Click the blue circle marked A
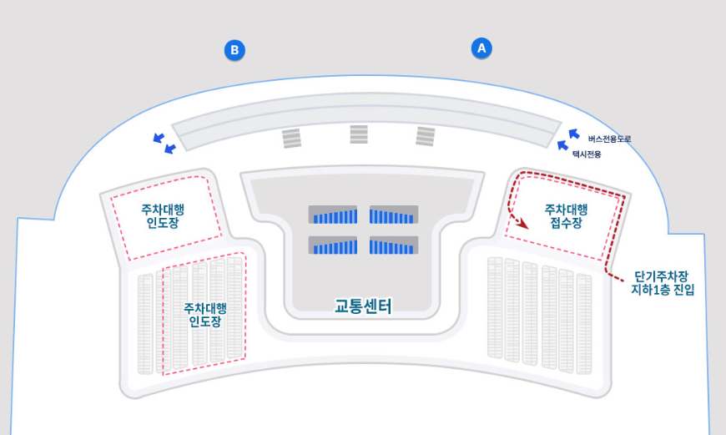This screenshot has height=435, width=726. click(480, 48)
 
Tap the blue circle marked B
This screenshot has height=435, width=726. click(235, 51)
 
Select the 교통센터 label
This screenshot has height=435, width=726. click(363, 306)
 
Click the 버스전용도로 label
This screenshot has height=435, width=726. click(609, 139)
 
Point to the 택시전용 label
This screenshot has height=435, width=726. click(587, 154)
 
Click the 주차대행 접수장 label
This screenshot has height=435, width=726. click(566, 216)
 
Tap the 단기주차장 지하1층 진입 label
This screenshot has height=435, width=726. click(663, 283)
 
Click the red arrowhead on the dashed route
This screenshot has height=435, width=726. click(523, 224)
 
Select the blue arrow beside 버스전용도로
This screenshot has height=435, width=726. click(573, 133)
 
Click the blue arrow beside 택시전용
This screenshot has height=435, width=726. click(562, 145)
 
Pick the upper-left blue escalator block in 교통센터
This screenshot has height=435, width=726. click(333, 215)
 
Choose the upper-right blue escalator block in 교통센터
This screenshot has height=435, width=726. click(393, 215)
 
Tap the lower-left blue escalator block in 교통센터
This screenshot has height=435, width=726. click(333, 245)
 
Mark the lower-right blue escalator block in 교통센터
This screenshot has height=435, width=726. click(393, 245)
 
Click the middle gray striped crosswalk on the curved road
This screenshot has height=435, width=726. click(359, 134)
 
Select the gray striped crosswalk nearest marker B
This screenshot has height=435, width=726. click(291, 139)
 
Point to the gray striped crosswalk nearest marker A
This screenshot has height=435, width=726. click(426, 136)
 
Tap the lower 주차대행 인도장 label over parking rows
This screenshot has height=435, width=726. click(204, 314)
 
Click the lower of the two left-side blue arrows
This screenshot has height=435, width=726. click(170, 149)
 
